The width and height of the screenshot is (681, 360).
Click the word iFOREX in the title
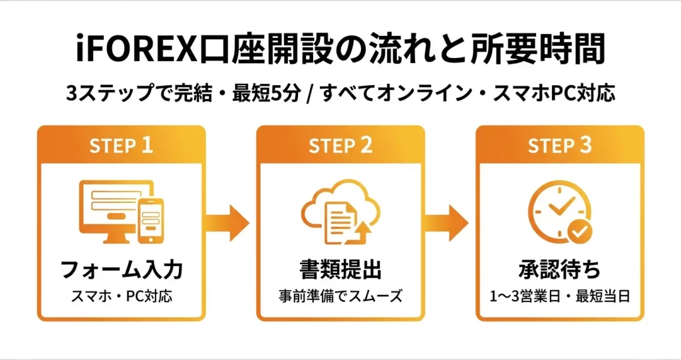tap(130, 50)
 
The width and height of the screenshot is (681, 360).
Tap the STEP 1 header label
tap(121, 146)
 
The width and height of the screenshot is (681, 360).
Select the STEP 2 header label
tap(340, 146)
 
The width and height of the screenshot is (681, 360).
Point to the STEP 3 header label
tap(559, 146)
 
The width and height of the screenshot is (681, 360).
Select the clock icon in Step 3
tap(553, 208)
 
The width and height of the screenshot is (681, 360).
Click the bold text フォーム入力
tap(121, 270)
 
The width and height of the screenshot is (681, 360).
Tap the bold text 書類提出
tap(340, 270)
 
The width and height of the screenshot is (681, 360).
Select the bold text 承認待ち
tap(559, 270)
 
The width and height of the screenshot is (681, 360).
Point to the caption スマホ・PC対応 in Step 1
tap(121, 295)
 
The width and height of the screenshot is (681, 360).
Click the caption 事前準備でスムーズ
tap(340, 295)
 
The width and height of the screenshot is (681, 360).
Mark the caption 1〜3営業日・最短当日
tap(559, 295)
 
